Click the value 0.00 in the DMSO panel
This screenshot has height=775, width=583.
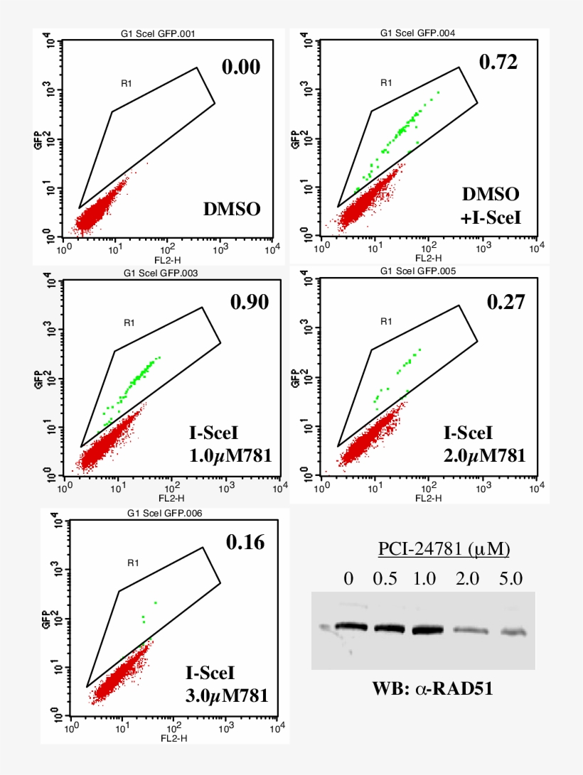pos(241,67)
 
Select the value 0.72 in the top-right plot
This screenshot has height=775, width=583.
pos(498,62)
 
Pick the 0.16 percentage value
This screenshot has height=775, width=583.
pos(245,543)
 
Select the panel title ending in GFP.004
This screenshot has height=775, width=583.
pos(417,33)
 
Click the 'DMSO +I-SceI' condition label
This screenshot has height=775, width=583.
pos(491,206)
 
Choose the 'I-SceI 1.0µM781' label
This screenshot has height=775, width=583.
pos(228,445)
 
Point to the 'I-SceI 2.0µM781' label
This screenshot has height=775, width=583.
pos(484,444)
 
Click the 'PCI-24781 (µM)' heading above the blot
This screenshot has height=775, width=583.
pos(444,549)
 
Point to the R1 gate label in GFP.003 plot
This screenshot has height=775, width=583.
pos(129,323)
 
